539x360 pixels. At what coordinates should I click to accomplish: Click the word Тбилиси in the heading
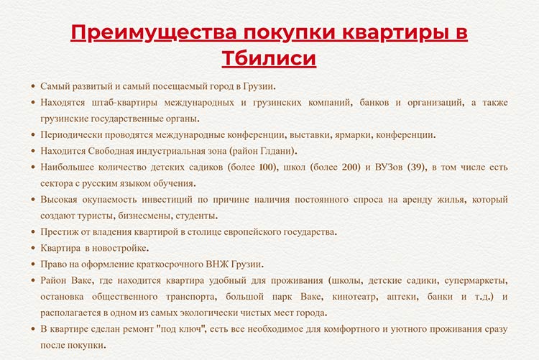tap(269, 57)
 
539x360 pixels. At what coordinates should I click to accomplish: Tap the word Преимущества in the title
tap(154, 32)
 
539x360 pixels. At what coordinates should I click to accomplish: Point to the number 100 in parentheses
tap(267, 167)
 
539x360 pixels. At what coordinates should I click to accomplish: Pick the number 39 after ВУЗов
tap(417, 167)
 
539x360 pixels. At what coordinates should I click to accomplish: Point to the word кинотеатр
tap(355, 297)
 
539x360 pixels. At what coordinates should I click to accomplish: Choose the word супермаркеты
tap(476, 280)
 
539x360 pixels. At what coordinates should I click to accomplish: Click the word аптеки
tap(402, 297)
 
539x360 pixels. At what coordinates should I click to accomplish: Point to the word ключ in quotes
tap(190, 329)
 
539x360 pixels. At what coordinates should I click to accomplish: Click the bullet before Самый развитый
tap(33, 86)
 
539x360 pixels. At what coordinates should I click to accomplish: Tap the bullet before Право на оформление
tap(33, 264)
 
